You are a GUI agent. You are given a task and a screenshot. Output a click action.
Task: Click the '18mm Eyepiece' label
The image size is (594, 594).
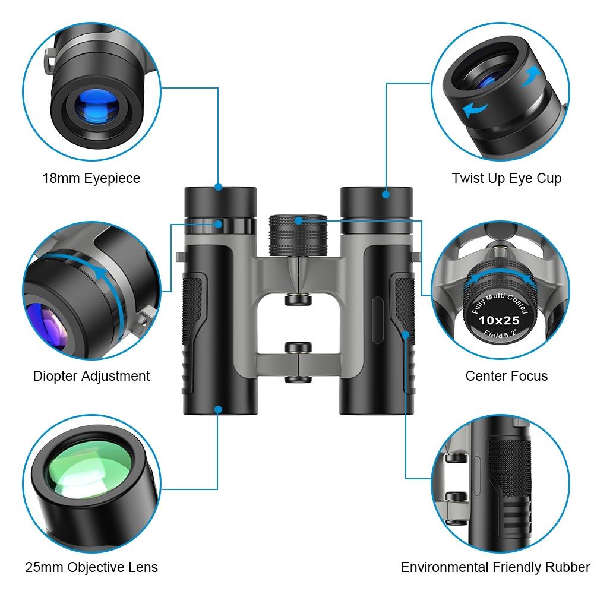[91, 178]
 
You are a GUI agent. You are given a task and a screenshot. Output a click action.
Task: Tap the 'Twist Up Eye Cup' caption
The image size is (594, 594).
[506, 178]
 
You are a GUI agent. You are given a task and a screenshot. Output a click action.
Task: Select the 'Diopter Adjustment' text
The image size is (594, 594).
[91, 376]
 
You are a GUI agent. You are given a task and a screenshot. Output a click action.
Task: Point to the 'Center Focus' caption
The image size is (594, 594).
[506, 376]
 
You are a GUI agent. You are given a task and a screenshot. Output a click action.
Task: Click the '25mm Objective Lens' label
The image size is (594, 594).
[91, 567]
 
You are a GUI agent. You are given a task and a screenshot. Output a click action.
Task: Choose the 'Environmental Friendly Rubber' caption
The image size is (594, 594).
[495, 567]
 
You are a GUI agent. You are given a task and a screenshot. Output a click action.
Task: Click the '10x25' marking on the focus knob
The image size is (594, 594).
[499, 320]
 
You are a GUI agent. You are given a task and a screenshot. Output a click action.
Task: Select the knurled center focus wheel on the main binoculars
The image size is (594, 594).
[298, 234]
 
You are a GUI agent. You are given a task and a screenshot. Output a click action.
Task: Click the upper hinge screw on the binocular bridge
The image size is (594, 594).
[298, 299]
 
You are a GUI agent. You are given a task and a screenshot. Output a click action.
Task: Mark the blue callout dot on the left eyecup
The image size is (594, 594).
[219, 187]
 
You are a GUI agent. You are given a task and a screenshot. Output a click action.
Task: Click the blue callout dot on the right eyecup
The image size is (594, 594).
[386, 193]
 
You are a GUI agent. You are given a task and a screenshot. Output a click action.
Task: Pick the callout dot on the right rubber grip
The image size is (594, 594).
[406, 334]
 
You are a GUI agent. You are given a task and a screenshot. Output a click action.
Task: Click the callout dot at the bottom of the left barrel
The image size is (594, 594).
[219, 409]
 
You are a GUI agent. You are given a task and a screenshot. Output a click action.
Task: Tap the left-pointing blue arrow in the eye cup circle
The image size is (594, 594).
[475, 109]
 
